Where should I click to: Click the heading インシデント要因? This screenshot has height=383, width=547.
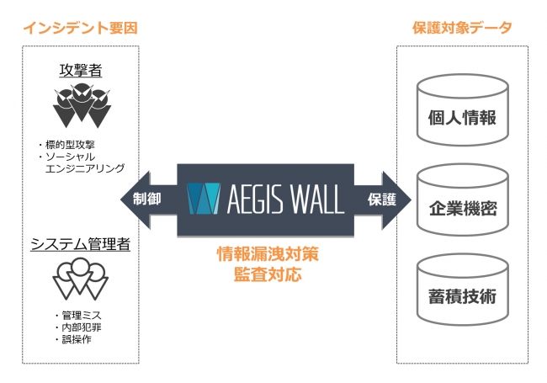coord(80,28)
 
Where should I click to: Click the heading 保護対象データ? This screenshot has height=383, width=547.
coord(462,28)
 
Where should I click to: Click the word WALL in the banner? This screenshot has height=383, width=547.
coord(311,199)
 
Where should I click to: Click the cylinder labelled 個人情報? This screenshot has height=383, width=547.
coord(462,114)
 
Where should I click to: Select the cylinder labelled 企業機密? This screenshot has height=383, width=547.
coord(462,205)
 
